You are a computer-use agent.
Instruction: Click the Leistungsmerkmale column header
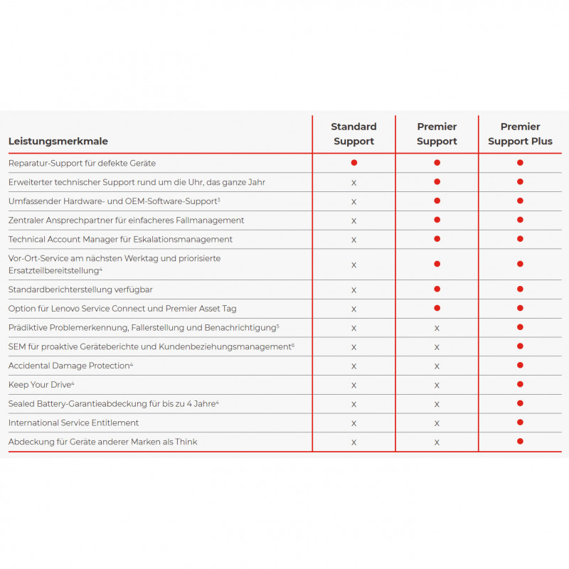tap(58, 142)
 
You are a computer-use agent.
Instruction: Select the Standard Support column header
tap(353, 134)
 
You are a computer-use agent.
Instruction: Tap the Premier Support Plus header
tap(520, 134)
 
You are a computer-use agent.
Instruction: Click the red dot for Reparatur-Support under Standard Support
tap(353, 163)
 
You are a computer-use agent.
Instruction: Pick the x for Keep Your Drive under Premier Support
tap(437, 385)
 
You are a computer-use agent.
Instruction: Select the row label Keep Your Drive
tap(41, 385)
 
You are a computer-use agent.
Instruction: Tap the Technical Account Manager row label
tap(120, 239)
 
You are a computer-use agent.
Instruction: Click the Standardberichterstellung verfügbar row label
tap(80, 289)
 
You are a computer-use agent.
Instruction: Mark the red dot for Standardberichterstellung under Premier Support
tap(437, 289)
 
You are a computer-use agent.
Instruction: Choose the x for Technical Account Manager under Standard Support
tap(353, 240)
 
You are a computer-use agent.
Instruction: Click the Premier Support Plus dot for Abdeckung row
tap(520, 442)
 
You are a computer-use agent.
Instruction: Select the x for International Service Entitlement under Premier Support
tap(437, 423)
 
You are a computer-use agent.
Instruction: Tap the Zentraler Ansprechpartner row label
tap(126, 220)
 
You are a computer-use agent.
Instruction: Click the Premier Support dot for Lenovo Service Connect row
tap(437, 308)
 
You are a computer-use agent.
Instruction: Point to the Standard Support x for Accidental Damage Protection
tap(353, 366)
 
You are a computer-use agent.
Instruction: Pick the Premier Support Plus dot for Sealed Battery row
tap(520, 403)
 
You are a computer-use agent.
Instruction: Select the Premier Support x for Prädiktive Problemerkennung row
tap(437, 328)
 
